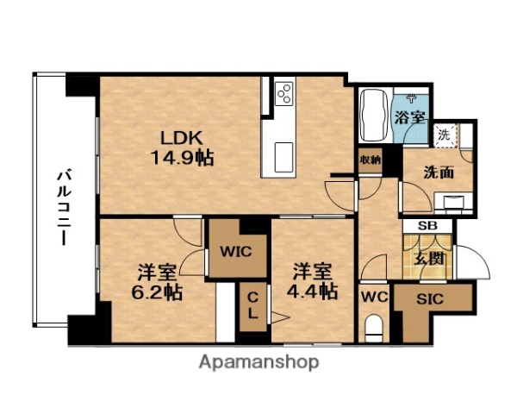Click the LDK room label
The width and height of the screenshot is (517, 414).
pos(179,137)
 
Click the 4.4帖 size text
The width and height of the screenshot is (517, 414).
pos(312,291)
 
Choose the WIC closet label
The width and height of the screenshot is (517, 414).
pos(234,253)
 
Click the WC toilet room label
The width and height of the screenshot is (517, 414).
pos(373,298)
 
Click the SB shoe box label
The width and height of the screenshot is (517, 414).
pos(427,226)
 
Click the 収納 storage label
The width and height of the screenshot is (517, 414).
pos(371,160)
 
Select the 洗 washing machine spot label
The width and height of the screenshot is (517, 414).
pos(444,135)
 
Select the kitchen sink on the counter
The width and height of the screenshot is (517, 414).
pos(284,156)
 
